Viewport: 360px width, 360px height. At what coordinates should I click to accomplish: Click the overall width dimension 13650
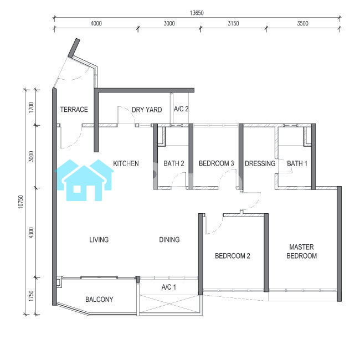click(x=197, y=13)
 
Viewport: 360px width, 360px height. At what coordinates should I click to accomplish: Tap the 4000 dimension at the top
click(x=96, y=23)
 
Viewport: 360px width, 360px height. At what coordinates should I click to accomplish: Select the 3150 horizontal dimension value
click(x=233, y=23)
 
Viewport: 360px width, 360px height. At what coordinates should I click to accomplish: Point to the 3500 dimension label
click(x=302, y=23)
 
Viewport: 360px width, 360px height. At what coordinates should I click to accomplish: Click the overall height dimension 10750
click(x=20, y=202)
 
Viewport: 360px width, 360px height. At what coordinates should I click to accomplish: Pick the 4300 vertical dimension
click(x=31, y=233)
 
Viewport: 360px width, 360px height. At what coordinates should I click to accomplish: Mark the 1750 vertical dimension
click(x=31, y=296)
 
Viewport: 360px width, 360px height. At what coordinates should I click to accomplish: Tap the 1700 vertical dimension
click(x=31, y=107)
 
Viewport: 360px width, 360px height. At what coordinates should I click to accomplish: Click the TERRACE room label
click(x=74, y=110)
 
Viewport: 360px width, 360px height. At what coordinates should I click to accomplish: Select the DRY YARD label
click(x=147, y=110)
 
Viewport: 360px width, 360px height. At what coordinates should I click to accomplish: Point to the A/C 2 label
click(x=181, y=109)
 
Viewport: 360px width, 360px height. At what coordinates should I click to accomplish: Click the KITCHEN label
click(x=126, y=163)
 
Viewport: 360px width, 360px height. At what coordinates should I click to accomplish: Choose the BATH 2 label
click(x=174, y=163)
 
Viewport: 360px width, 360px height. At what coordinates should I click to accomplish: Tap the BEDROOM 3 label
click(x=216, y=163)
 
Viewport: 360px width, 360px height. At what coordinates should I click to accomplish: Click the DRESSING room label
click(x=260, y=163)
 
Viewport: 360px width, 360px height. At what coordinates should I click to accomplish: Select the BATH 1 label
click(x=297, y=163)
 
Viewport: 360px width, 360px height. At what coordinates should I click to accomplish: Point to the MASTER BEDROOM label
click(x=302, y=251)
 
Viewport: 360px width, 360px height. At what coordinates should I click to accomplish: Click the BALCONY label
click(x=99, y=300)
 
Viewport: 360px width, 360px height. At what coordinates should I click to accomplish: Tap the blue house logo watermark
click(x=84, y=180)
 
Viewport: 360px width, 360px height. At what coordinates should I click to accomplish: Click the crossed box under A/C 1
click(x=169, y=304)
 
